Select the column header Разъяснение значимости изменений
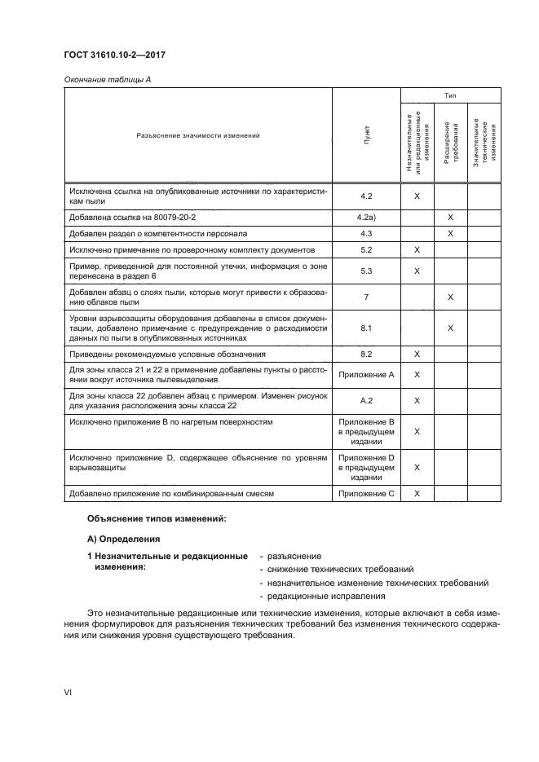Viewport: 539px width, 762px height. (x=197, y=135)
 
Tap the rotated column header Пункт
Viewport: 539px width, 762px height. (x=366, y=135)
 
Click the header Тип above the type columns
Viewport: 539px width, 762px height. (x=450, y=95)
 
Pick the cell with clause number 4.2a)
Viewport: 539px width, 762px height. (x=366, y=218)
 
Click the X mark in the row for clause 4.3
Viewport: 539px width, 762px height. (x=450, y=234)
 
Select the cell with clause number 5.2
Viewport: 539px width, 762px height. (x=366, y=249)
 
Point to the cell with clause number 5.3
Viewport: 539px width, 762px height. (x=366, y=271)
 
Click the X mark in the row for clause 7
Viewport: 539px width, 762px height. (x=450, y=297)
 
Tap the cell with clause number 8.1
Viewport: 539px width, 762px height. (x=366, y=328)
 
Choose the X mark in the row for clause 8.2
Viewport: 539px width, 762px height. (x=417, y=355)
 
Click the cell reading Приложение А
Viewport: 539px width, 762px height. (x=366, y=374)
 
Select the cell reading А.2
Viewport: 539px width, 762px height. (x=366, y=400)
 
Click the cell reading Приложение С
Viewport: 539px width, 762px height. (x=366, y=494)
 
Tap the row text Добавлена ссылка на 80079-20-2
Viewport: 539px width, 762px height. (x=134, y=218)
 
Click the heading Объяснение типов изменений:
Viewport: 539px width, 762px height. (x=156, y=519)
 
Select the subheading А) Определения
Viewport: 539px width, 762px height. (x=125, y=539)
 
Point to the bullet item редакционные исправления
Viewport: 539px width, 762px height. (x=321, y=596)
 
